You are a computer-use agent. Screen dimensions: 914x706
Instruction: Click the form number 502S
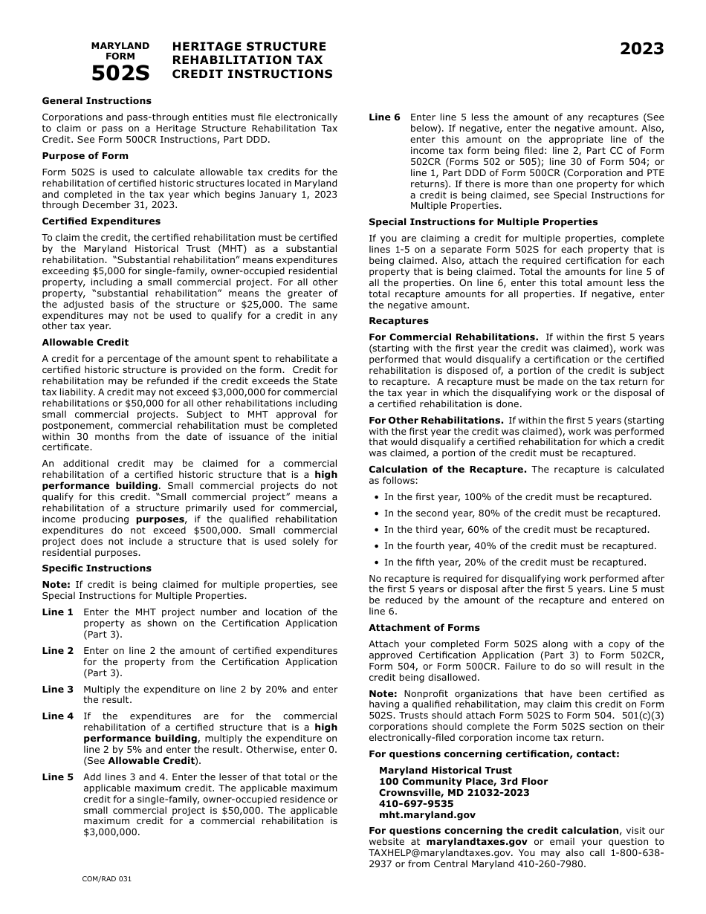(120, 74)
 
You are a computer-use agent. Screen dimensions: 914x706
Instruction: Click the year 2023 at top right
(642, 50)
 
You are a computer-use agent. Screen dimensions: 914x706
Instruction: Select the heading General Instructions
(97, 101)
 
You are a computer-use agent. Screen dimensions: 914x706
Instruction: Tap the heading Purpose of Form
(85, 156)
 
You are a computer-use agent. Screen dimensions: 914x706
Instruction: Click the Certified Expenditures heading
(101, 221)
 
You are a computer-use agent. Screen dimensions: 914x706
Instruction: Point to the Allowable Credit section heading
(85, 343)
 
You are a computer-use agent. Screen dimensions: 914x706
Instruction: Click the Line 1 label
(57, 612)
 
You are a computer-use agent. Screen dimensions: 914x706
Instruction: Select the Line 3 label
(57, 690)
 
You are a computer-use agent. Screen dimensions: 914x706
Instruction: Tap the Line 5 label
(57, 777)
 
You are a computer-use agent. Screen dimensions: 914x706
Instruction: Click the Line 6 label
(384, 117)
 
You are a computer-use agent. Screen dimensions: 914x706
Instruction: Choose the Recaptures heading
(398, 321)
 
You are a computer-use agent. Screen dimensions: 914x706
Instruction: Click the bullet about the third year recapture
(516, 530)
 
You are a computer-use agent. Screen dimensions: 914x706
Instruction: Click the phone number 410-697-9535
(416, 804)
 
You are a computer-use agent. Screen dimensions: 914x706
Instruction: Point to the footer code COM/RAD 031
(106, 879)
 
